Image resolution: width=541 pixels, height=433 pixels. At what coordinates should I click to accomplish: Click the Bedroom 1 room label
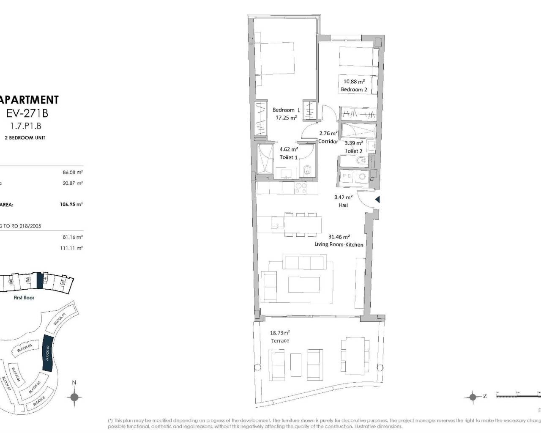pos(286,110)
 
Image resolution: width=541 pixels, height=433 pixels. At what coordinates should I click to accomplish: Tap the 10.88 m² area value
pos(354,82)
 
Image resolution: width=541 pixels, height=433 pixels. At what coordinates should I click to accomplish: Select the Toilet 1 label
pos(289,157)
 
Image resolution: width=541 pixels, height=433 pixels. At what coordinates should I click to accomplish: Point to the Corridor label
pos(328,142)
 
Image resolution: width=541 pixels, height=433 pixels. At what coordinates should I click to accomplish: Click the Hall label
pos(343,205)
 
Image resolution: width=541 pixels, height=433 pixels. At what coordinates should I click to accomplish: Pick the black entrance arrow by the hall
pos(377,199)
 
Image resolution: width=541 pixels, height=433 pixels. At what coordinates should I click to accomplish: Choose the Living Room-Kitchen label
pos(339,244)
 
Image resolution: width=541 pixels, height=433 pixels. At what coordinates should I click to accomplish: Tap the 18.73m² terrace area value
pos(280,333)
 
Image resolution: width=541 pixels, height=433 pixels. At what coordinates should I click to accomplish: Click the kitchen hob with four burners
pos(301,188)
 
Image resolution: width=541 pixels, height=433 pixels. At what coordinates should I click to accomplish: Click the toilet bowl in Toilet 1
pos(307,170)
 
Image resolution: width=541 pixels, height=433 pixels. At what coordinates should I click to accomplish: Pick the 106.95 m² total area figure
pos(71,204)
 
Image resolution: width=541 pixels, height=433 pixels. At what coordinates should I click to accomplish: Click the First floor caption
pos(24,298)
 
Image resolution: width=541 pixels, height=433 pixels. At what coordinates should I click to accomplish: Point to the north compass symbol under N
pos(74,397)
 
